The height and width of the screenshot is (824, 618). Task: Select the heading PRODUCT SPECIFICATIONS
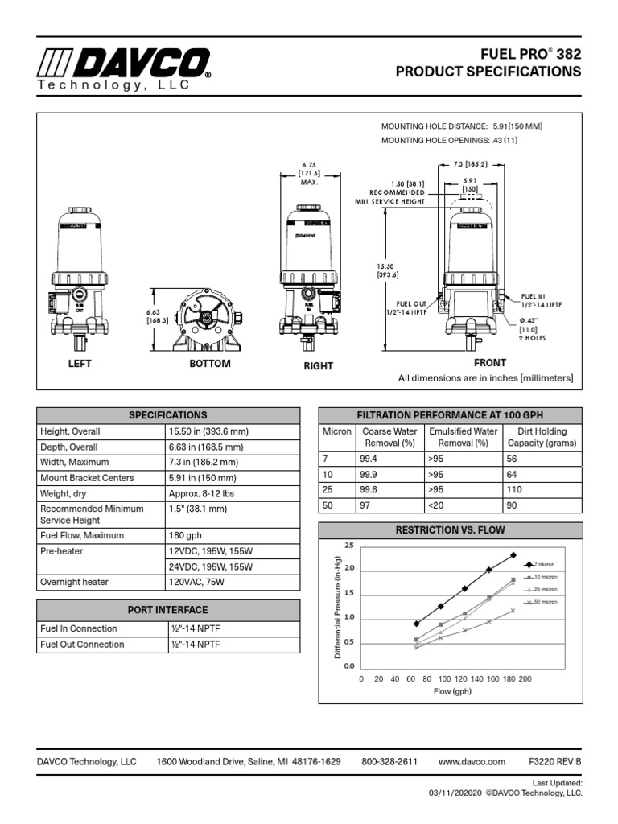point(488,72)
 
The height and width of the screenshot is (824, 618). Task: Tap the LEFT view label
point(80,364)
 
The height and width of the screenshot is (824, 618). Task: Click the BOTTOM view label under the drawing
point(209,364)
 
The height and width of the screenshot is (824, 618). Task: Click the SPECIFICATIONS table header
point(168,415)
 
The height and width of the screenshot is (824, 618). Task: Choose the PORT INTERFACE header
point(168,610)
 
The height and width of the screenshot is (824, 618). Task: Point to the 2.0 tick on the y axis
point(348,569)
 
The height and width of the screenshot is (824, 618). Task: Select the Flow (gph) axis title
point(452,692)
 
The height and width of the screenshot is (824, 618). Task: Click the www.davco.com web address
point(472,761)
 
